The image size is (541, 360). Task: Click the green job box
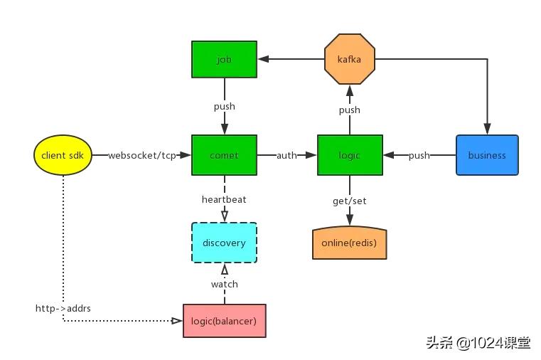[x=224, y=59]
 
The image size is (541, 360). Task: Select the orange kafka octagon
[x=349, y=59]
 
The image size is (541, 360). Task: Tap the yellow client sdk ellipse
[x=63, y=155]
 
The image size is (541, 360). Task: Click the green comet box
[x=224, y=155]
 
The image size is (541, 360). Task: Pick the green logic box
[x=350, y=155]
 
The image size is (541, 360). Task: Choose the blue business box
[x=487, y=155]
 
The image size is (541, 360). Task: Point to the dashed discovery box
[x=224, y=243]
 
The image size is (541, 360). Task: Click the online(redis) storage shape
[x=349, y=243]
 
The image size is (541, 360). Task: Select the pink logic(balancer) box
[x=224, y=320]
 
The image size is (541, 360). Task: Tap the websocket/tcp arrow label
[x=141, y=155]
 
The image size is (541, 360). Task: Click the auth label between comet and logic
[x=286, y=155]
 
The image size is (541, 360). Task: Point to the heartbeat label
[x=224, y=199]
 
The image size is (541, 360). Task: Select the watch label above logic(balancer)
[x=224, y=284]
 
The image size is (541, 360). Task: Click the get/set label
[x=349, y=201]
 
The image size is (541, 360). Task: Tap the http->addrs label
[x=63, y=308]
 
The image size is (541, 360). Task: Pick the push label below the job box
[x=224, y=107]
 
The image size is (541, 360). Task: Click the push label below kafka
[x=349, y=110]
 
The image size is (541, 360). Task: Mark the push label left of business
[x=419, y=155]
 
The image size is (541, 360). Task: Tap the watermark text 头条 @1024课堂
[x=478, y=343]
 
